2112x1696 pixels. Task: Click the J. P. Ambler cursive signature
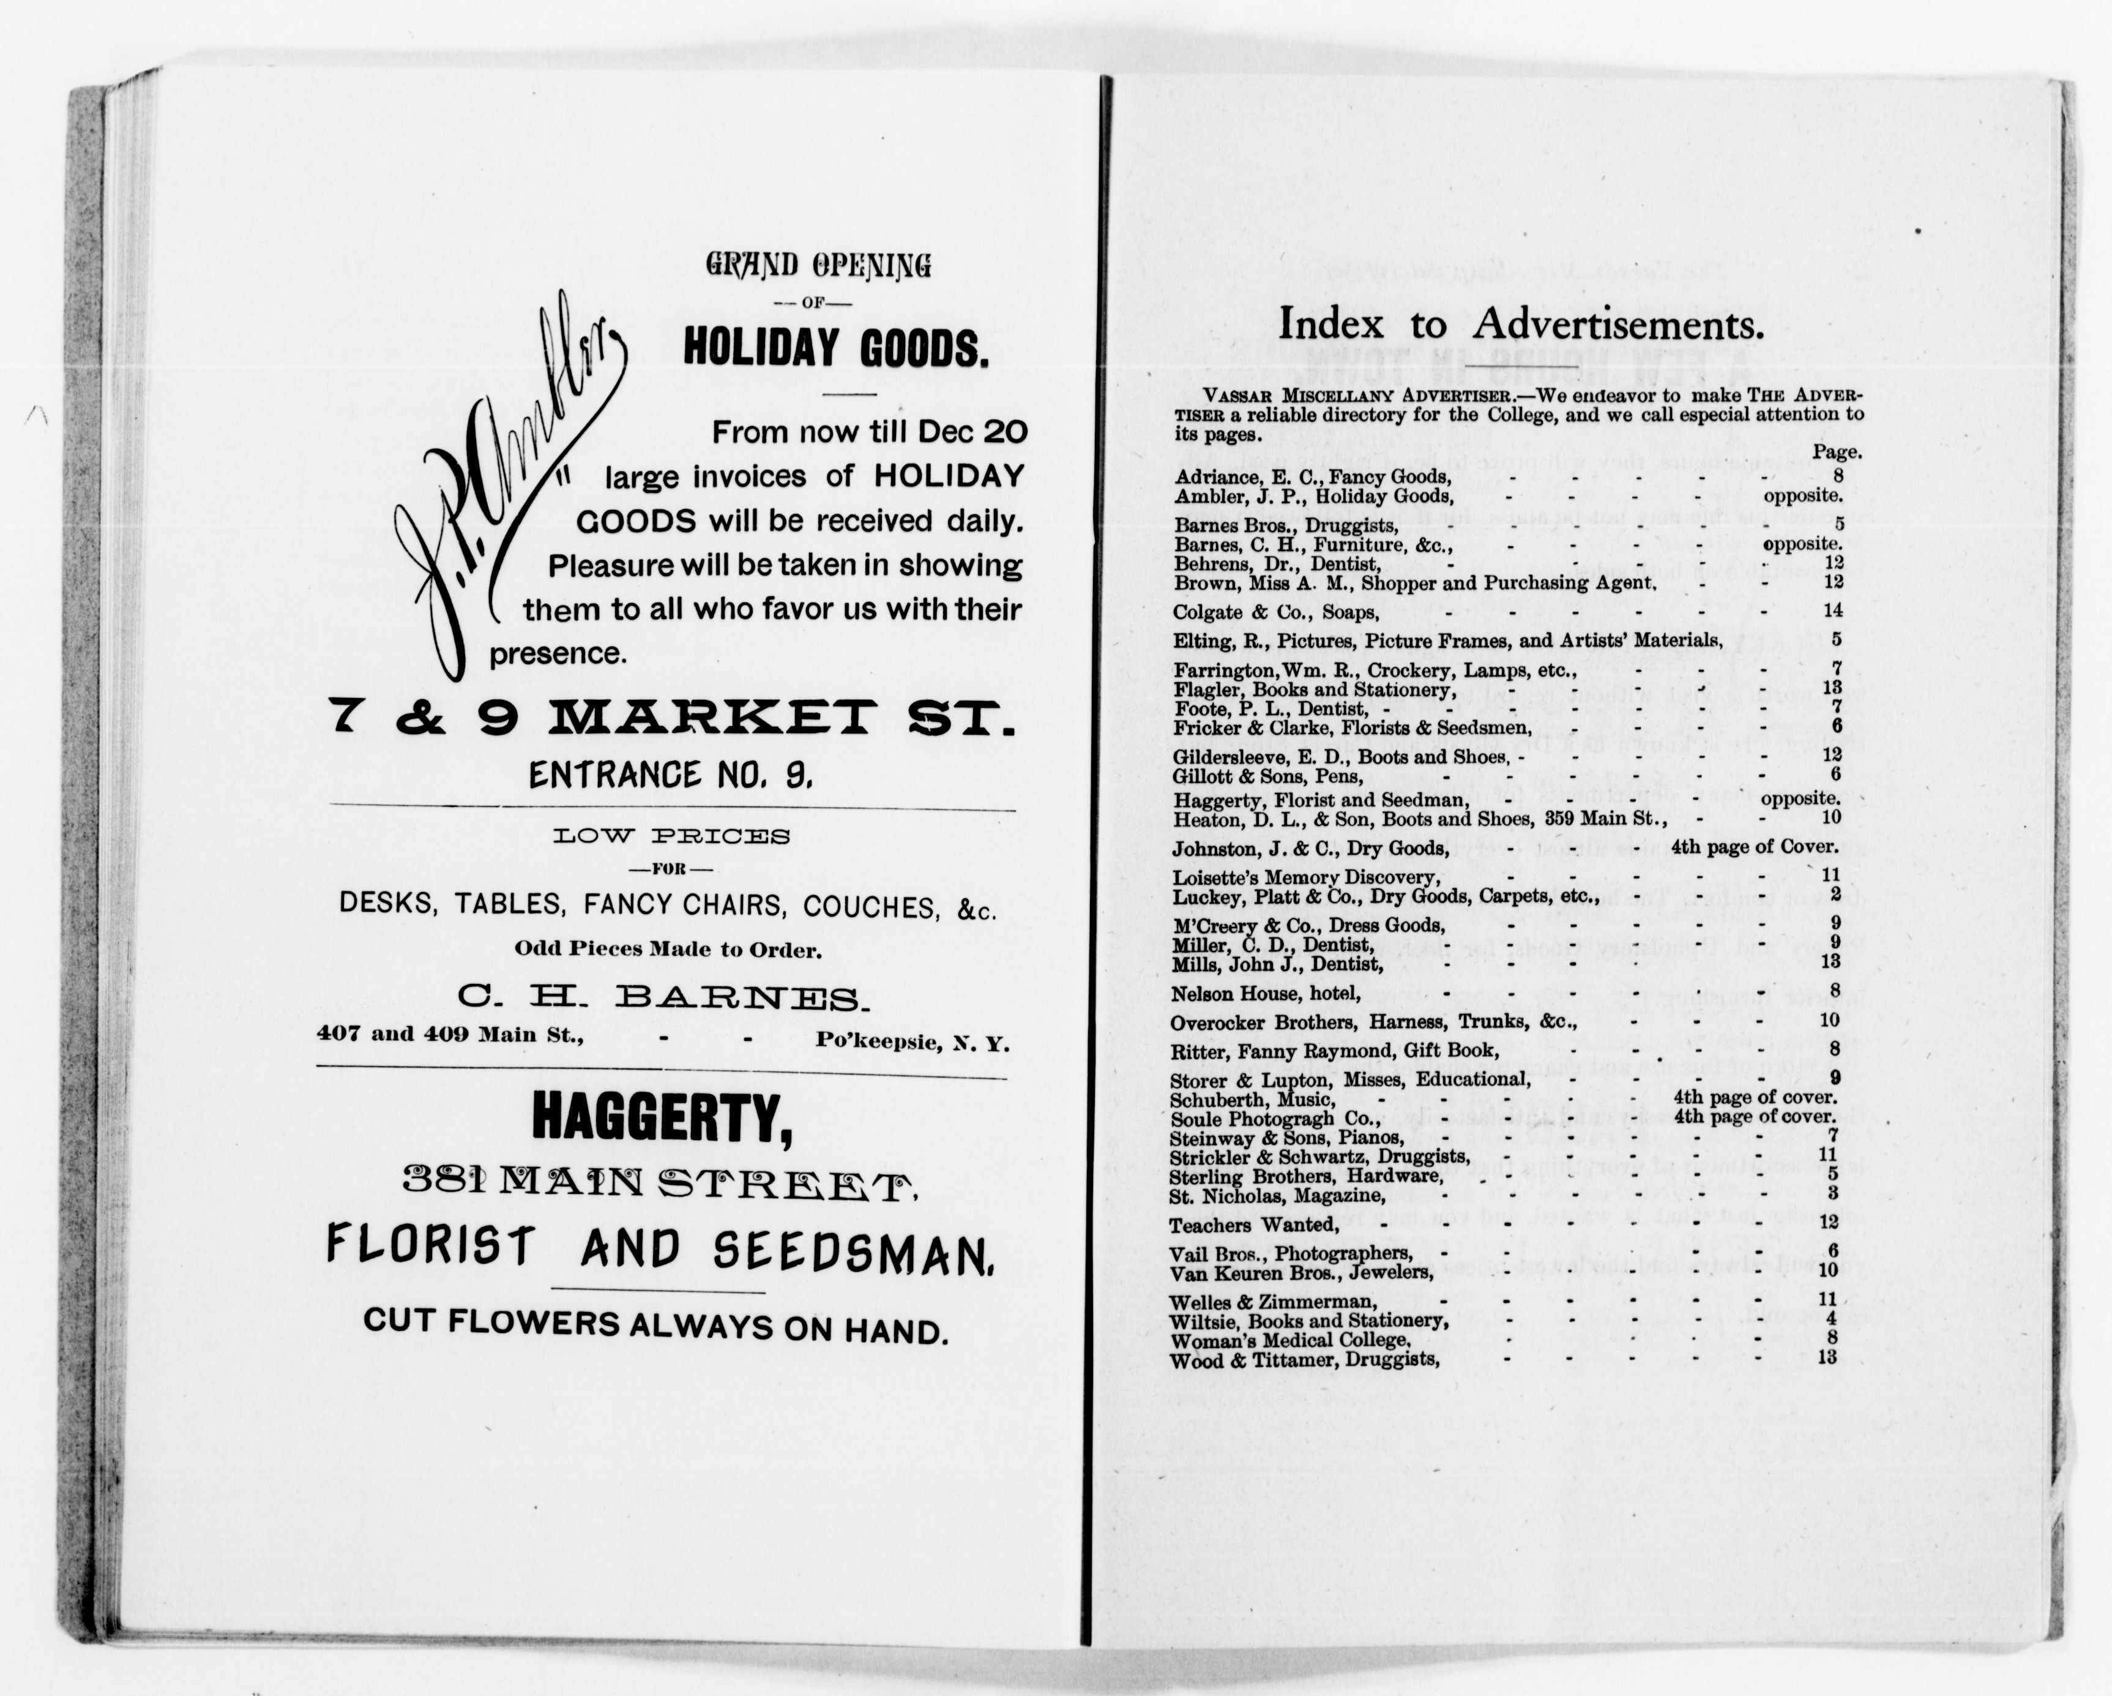509,490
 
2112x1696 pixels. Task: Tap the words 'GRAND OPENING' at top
818,266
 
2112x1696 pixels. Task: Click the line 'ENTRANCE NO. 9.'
671,776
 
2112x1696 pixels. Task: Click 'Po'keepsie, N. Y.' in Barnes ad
911,1043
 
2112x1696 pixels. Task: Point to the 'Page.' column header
1837,452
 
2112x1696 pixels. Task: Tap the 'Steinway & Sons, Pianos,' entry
1286,1138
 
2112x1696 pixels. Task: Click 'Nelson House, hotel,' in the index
1266,994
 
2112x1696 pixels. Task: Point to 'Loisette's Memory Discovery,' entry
1306,878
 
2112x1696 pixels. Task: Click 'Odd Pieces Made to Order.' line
668,950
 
